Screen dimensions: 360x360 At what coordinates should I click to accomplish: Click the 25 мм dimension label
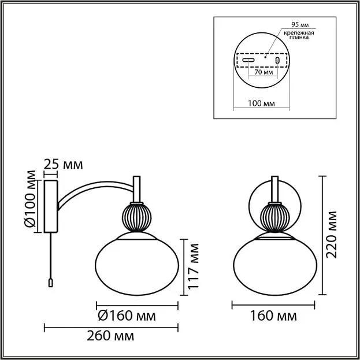(x=63, y=164)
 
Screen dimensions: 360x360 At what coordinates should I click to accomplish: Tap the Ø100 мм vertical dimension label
(x=30, y=199)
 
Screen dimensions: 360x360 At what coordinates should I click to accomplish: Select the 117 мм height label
(x=193, y=266)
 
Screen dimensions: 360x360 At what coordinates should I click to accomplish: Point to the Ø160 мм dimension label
(x=127, y=316)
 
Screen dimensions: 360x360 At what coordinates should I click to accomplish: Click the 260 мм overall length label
(x=110, y=336)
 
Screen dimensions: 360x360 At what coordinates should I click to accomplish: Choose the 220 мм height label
(x=331, y=235)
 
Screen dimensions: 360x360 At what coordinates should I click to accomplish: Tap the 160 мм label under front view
(x=273, y=316)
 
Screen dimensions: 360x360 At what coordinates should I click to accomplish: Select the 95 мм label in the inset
(x=300, y=25)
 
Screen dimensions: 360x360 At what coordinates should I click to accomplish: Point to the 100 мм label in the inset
(x=261, y=103)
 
